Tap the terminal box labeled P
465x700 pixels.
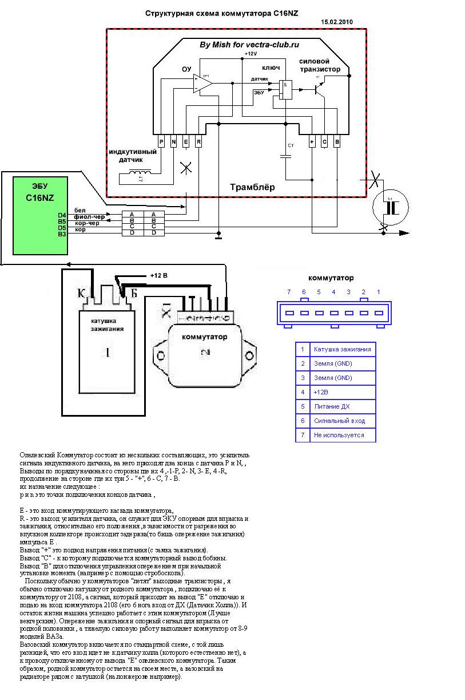coord(161,141)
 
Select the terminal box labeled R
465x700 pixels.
coord(198,141)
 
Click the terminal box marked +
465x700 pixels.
coord(312,141)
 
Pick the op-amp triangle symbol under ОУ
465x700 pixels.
coord(202,84)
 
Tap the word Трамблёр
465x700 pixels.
coord(252,187)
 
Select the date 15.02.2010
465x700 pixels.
coord(338,22)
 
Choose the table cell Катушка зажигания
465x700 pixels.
coord(342,349)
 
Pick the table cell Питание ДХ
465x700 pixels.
coord(332,407)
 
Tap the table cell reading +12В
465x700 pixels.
coord(321,393)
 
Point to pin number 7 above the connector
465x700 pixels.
coord(289,292)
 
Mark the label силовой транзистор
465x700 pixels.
coord(320,65)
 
